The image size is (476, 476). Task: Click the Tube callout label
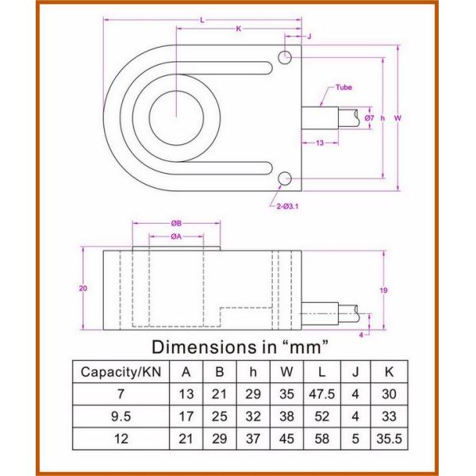[344, 87]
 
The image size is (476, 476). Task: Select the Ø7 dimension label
[370, 118]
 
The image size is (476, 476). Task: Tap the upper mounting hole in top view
[284, 56]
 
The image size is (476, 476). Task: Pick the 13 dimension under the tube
[320, 144]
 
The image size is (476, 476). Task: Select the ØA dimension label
[176, 236]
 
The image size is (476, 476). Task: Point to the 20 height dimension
[83, 288]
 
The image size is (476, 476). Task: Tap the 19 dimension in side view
[383, 291]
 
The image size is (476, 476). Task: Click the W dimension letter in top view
[397, 118]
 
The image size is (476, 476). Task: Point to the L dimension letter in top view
[202, 19]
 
